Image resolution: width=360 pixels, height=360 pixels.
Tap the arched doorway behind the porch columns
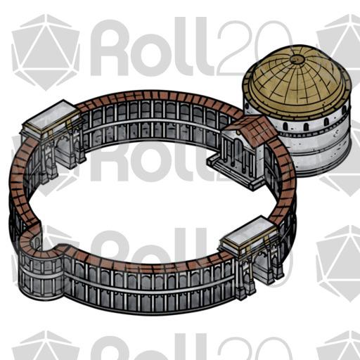click(x=238, y=150)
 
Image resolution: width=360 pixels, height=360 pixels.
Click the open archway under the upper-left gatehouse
click(x=63, y=153)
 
